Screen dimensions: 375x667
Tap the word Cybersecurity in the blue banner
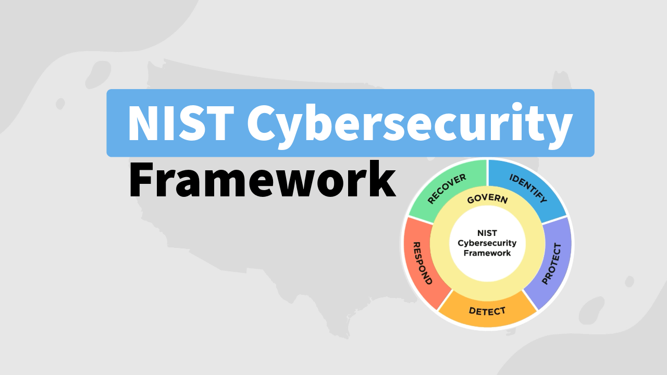click(x=409, y=124)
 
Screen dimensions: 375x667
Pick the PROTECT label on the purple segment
click(x=552, y=264)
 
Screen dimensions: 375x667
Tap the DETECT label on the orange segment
click(x=487, y=311)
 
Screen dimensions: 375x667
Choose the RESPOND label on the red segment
click(x=423, y=263)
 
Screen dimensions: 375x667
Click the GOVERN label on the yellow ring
click(x=487, y=199)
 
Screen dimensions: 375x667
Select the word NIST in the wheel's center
click(x=487, y=233)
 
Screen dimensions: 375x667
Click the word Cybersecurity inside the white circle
click(x=487, y=243)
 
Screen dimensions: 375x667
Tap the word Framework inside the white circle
click(x=487, y=253)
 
